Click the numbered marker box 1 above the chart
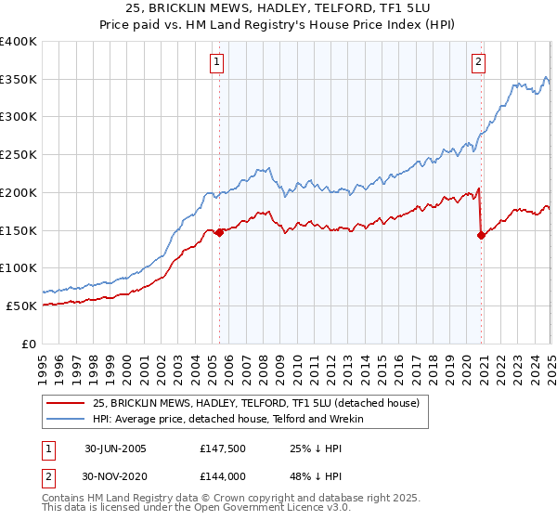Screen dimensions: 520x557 (216, 62)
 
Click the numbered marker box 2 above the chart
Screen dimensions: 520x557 (478, 62)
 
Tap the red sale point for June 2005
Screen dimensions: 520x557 (220, 232)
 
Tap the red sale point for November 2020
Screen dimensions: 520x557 (482, 235)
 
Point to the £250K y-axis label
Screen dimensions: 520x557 (19, 155)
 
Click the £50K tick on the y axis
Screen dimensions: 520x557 (22, 305)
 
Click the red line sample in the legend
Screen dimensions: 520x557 (66, 403)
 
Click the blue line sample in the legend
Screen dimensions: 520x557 (66, 419)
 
